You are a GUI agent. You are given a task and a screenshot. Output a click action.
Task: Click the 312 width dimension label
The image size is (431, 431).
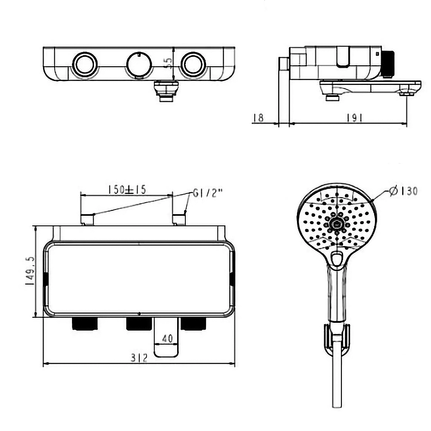139,358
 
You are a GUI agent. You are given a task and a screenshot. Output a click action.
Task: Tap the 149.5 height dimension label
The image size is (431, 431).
31,272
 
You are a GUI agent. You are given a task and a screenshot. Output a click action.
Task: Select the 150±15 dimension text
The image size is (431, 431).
127,190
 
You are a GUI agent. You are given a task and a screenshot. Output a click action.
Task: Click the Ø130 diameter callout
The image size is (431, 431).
404,191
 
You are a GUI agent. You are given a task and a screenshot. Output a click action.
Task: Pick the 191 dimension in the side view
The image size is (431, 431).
354,118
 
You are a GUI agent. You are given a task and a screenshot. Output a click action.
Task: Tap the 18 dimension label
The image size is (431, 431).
258,118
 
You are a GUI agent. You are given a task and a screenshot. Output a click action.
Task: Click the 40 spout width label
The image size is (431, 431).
167,338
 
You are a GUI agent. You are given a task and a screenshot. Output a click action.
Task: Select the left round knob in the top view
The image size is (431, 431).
84,65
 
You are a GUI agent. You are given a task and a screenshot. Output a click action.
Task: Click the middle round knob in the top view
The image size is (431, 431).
139,65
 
